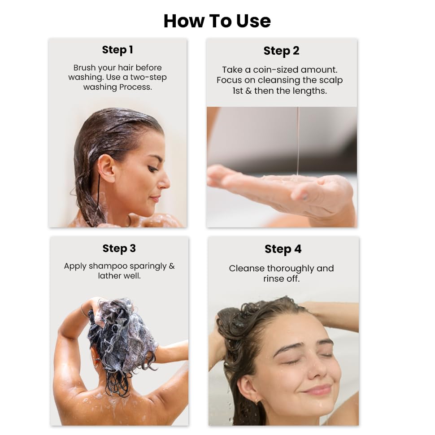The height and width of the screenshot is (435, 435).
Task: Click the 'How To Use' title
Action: (x=217, y=21)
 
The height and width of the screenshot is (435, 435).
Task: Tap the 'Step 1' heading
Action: (x=117, y=50)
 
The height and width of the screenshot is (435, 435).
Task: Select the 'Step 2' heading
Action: (x=281, y=51)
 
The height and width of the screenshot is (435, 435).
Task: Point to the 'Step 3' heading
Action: (x=119, y=248)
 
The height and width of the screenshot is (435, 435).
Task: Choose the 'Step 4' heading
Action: (x=283, y=249)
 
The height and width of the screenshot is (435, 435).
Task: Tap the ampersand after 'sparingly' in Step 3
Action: (x=171, y=266)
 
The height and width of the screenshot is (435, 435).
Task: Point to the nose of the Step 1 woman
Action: (x=165, y=180)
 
